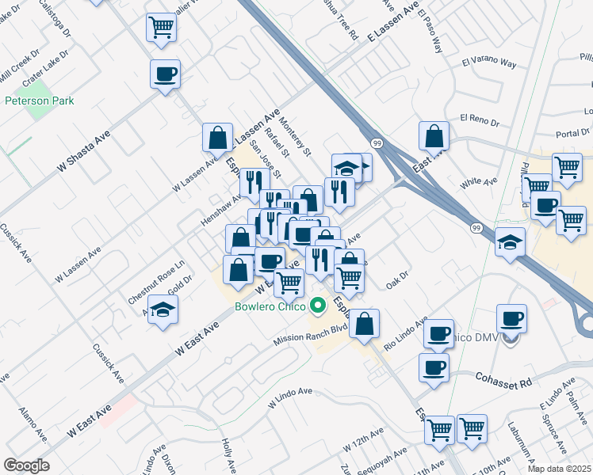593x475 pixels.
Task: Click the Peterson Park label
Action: tap(39, 101)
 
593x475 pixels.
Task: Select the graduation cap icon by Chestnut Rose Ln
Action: tap(163, 310)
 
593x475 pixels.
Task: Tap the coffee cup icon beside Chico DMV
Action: tap(511, 318)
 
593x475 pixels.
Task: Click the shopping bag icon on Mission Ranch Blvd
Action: tap(364, 323)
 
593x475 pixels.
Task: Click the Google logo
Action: tap(26, 465)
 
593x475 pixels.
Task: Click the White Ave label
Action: tap(478, 184)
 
